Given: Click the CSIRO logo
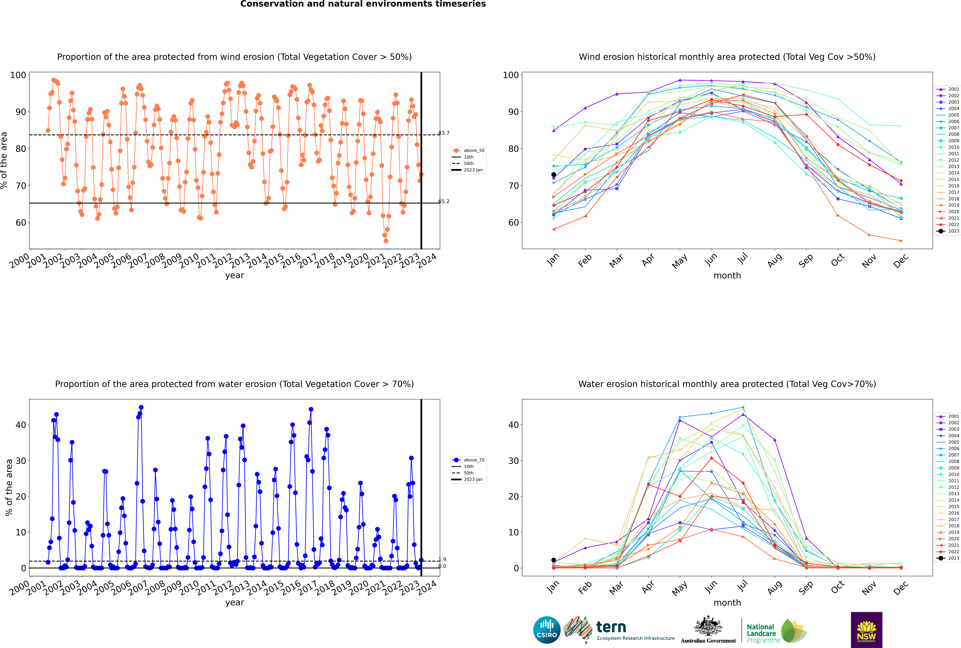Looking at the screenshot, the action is pyautogui.click(x=547, y=630).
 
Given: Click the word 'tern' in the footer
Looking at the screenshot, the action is pyautogui.click(x=611, y=627).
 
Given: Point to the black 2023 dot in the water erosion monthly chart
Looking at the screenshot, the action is pyautogui.click(x=554, y=560).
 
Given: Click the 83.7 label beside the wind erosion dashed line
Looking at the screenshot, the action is pyautogui.click(x=444, y=133).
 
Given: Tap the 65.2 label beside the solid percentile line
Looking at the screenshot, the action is pyautogui.click(x=444, y=201).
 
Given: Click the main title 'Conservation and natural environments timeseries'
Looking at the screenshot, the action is pyautogui.click(x=363, y=4).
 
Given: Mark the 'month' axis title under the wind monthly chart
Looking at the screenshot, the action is pyautogui.click(x=727, y=276).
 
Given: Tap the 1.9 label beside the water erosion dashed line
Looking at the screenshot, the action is pyautogui.click(x=443, y=559).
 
